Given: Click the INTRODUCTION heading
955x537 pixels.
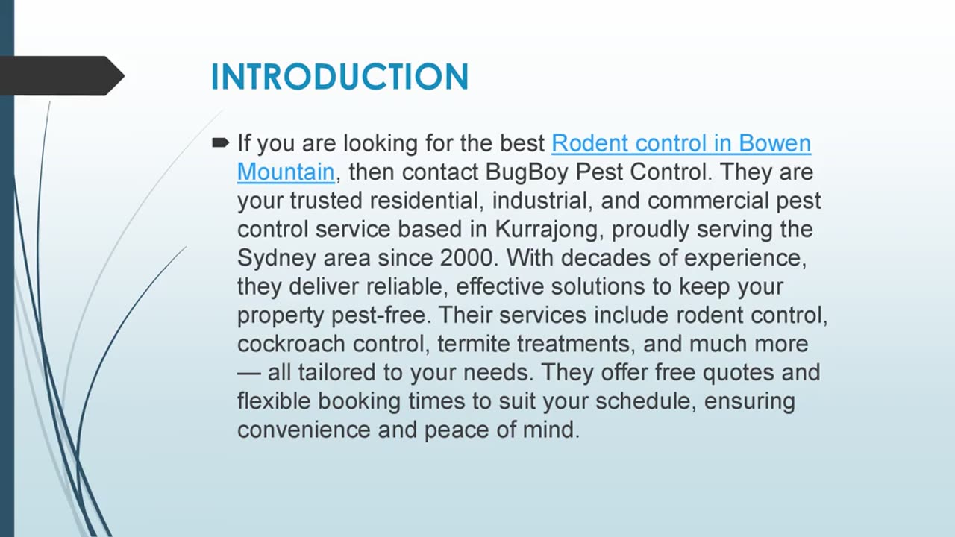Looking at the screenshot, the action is coord(339,77).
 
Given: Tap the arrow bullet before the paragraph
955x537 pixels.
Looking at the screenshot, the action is coord(220,142).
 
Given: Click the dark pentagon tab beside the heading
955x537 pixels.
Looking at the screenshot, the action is coord(62,76).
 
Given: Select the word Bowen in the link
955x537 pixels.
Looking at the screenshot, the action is coord(774,143).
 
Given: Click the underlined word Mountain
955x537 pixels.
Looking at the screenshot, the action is coord(286,172).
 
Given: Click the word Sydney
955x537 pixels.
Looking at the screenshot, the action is coord(276,259).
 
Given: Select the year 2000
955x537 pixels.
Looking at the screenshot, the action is coord(466,258).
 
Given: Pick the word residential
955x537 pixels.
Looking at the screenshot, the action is coord(424,201).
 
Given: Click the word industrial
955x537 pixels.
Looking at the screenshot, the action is coord(539,201).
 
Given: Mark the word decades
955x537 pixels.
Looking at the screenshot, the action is coord(606,258).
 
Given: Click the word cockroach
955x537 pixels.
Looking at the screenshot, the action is coord(291,344).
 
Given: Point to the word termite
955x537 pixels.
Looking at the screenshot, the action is coord(474,344).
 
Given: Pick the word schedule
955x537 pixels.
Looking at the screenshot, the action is coord(643,401).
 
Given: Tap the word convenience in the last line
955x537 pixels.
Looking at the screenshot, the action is coord(304,430).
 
